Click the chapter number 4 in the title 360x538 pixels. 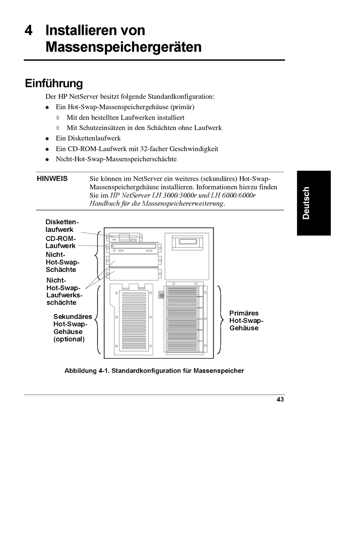28,30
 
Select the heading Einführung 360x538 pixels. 54,83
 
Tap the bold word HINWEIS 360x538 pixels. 52,178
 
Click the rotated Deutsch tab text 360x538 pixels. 306,203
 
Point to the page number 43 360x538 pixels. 280,399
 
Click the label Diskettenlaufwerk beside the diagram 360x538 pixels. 62,226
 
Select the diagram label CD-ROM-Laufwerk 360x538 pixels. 61,242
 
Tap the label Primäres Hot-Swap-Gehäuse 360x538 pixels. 246,321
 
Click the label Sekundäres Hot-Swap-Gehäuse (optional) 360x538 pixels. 72,328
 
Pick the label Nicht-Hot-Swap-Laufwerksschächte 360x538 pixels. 64,291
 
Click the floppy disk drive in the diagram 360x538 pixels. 124,237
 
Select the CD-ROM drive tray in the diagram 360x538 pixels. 134,247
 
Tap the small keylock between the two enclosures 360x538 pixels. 161,295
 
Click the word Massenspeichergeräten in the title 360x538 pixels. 124,47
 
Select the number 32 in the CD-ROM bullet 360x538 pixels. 144,149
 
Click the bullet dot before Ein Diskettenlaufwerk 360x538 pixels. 47,139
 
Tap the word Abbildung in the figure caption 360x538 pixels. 80,371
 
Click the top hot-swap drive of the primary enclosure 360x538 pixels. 183,291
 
